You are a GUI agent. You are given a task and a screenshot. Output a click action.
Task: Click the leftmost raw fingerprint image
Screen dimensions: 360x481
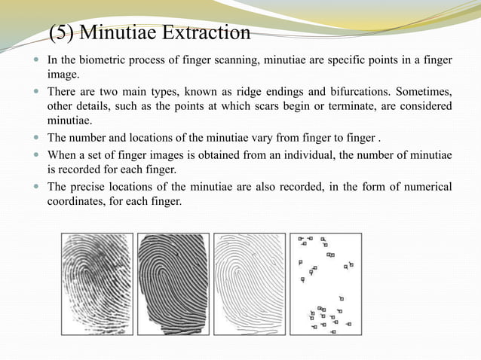(97, 283)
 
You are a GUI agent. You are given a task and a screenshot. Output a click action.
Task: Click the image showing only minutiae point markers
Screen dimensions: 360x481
(326, 283)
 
